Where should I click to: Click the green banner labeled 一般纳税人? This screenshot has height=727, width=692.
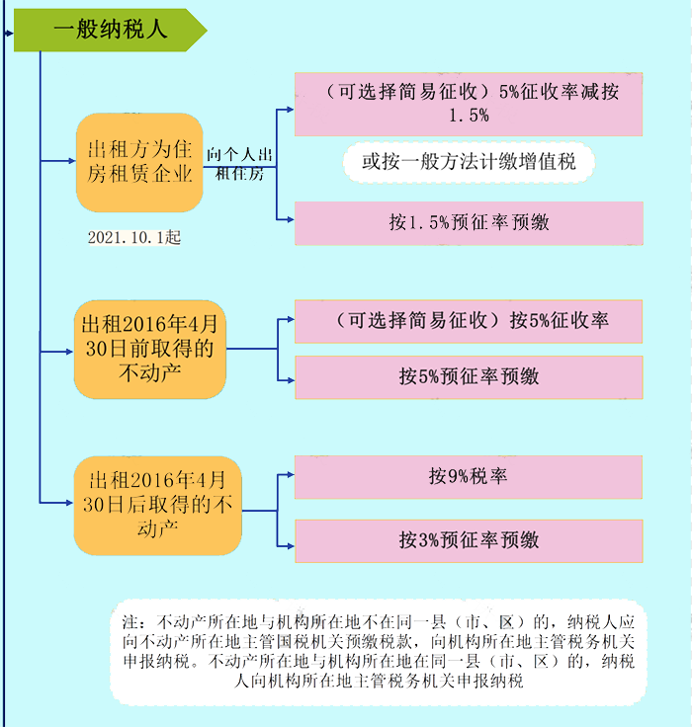click(109, 30)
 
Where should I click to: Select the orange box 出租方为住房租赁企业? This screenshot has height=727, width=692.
click(139, 163)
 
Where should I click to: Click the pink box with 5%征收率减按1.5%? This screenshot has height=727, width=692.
click(469, 104)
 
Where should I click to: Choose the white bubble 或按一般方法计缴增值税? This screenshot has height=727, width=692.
click(469, 161)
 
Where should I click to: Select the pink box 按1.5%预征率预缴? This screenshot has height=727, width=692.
click(469, 223)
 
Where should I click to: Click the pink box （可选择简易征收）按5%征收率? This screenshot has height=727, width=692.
click(469, 321)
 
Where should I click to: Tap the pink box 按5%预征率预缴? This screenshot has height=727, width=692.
click(469, 377)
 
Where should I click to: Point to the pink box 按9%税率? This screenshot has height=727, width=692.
click(469, 476)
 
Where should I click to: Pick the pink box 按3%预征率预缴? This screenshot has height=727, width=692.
click(469, 540)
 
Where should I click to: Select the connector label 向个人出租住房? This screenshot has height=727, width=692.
click(238, 164)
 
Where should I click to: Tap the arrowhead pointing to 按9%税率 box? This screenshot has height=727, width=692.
click(290, 476)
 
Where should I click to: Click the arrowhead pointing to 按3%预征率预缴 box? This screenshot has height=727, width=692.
click(290, 540)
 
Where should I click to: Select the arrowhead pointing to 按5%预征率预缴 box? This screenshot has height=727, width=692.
click(290, 377)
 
